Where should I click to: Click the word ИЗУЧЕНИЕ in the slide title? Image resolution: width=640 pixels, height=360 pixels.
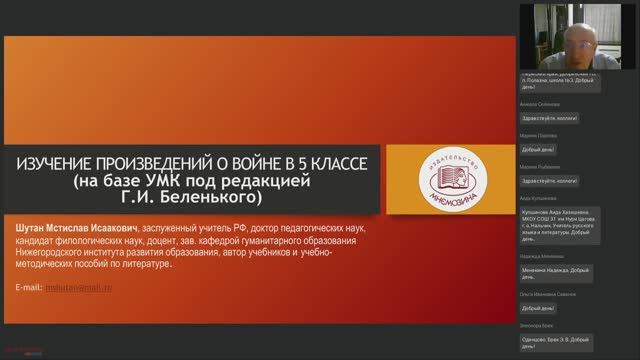pyautogui.click(x=50, y=162)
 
